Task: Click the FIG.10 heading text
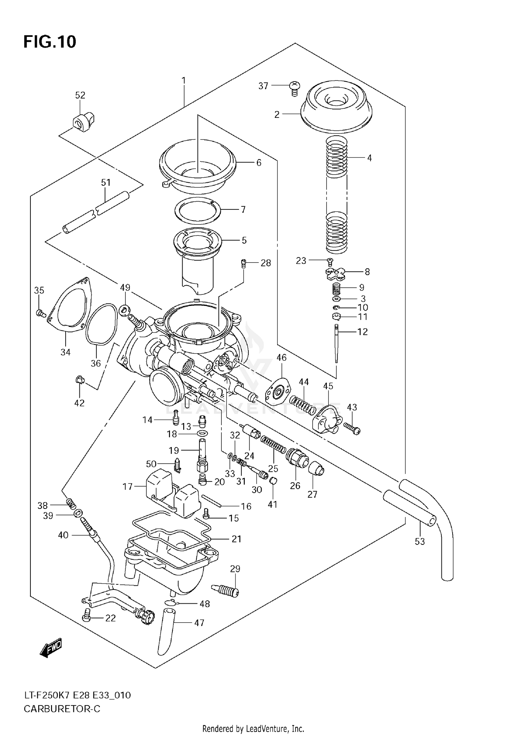pyautogui.click(x=50, y=42)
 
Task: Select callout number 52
pyautogui.click(x=80, y=95)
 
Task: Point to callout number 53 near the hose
pyautogui.click(x=419, y=541)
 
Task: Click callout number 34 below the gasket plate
pyautogui.click(x=65, y=352)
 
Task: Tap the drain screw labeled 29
pyautogui.click(x=225, y=590)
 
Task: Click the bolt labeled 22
pyautogui.click(x=87, y=617)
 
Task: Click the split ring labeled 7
pyautogui.click(x=198, y=210)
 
